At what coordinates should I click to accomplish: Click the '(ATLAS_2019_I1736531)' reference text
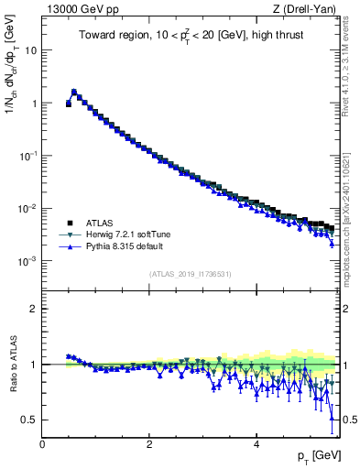191,274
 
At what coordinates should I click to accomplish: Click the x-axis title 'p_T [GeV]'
318,455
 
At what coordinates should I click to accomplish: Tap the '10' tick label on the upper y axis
29,50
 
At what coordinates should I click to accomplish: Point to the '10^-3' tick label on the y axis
27,261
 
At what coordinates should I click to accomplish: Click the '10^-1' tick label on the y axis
27,156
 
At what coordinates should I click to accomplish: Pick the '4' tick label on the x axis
256,444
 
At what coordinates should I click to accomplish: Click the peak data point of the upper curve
74,92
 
